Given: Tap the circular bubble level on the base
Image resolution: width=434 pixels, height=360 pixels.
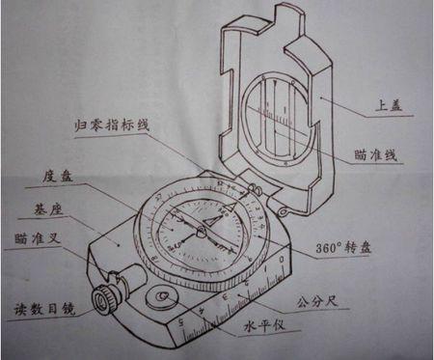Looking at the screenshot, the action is [x=159, y=298].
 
